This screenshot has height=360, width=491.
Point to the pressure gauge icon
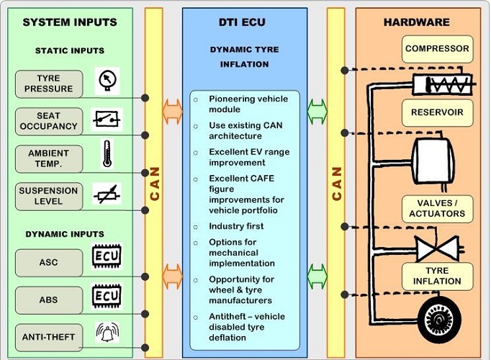107,81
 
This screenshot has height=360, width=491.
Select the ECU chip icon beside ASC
107,257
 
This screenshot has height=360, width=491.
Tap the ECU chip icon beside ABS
107,295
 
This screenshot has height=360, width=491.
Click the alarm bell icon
107,332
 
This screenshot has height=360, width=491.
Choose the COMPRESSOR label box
437,49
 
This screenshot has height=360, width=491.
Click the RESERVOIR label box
437,112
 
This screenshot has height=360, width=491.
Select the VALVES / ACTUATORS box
437,209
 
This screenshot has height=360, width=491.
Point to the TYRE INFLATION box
437,276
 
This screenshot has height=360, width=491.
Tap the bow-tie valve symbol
438,248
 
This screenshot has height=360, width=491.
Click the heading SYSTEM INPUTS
69,22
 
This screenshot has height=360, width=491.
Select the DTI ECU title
244,22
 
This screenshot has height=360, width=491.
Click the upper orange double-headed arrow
173,109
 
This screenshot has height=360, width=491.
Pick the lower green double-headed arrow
317,274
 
